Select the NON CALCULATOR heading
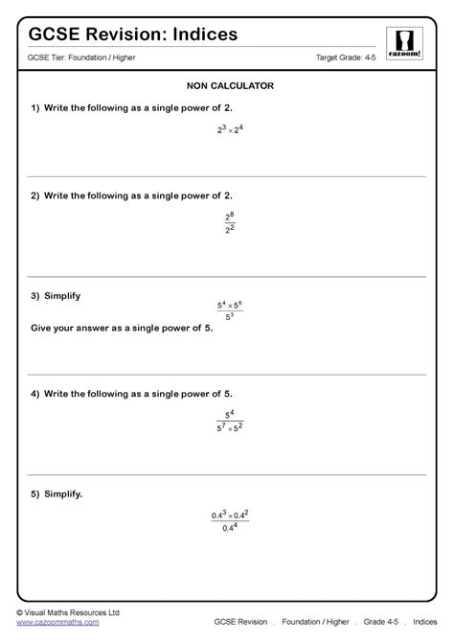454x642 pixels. (x=227, y=86)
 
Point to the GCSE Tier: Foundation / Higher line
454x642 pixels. (x=80, y=59)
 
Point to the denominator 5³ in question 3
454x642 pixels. (x=230, y=317)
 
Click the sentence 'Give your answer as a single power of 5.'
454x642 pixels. (x=122, y=328)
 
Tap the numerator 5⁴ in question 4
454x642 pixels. (x=230, y=415)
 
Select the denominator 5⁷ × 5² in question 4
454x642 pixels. (x=230, y=429)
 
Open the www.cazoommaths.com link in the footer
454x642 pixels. (x=57, y=622)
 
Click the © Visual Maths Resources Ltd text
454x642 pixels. (x=67, y=611)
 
